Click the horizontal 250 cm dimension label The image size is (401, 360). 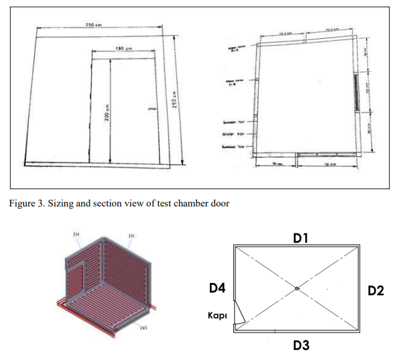tap(93, 25)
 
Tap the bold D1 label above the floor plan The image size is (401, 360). tap(300, 238)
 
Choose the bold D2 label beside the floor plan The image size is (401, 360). tap(376, 290)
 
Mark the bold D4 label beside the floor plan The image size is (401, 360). tap(217, 289)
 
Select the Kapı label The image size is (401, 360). tap(217, 315)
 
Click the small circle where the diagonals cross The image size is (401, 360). tap(296, 289)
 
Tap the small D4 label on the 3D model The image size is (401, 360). tap(76, 234)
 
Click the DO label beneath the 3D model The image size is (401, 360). tap(143, 328)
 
